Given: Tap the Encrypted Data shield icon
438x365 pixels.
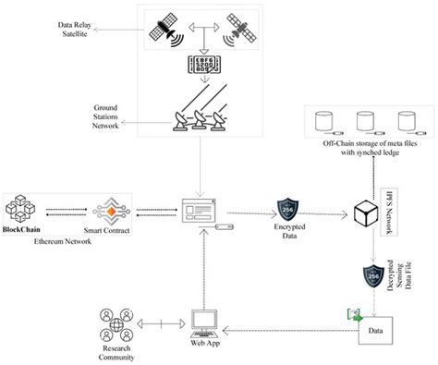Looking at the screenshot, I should (x=286, y=208).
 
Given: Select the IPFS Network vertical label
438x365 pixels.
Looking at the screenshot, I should (x=388, y=206).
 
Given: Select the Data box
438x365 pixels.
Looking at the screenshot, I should (x=375, y=328).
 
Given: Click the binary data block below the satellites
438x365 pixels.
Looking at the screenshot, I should (x=204, y=69).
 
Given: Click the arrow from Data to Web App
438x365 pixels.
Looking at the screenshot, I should (x=286, y=328).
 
